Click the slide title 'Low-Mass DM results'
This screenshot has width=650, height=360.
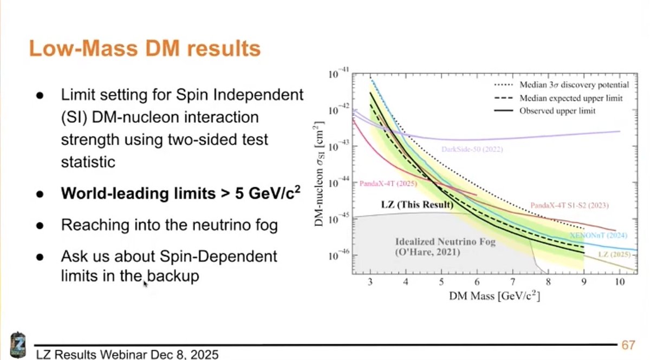[x=144, y=49]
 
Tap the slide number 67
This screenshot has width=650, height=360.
[x=628, y=345]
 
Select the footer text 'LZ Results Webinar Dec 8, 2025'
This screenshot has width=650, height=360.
[x=127, y=355]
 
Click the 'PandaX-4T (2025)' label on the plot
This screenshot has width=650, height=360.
[x=388, y=184]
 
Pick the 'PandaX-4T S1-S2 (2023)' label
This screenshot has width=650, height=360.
[x=569, y=206]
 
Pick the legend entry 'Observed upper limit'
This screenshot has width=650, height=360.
[x=557, y=111]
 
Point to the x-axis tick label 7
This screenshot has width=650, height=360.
[x=512, y=282]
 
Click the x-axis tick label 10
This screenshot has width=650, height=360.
[x=620, y=282]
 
